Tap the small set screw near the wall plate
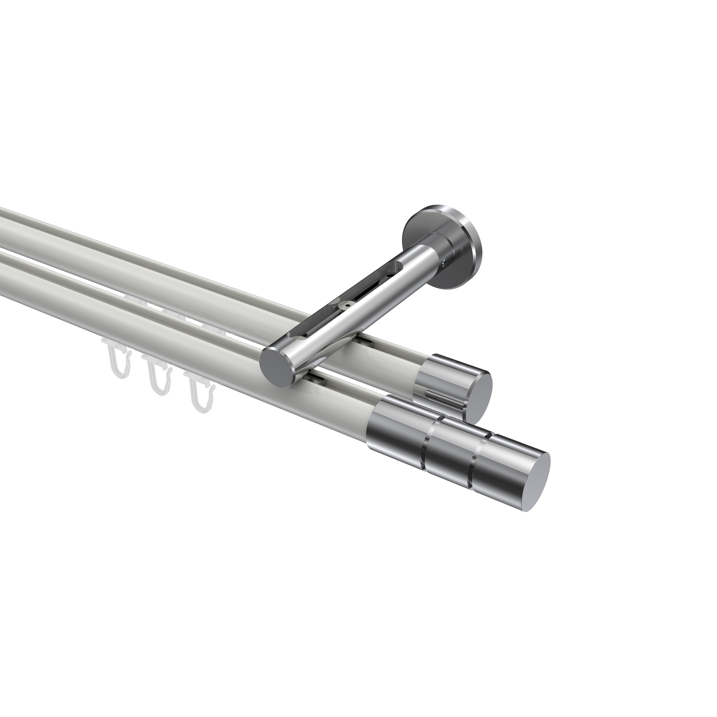[445, 262]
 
